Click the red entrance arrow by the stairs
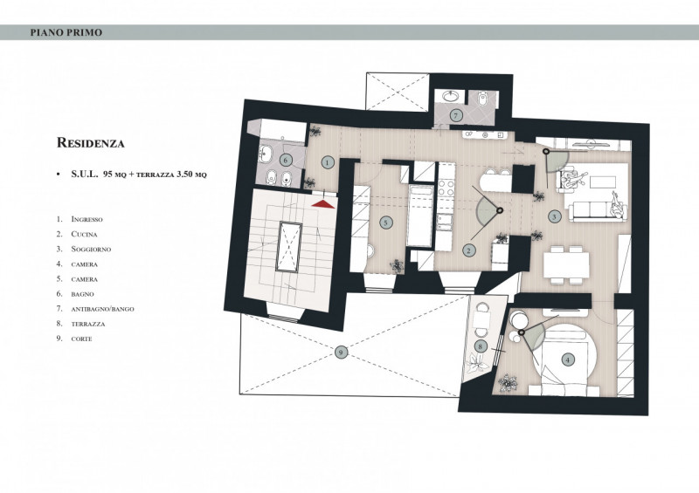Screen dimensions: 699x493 [323, 204]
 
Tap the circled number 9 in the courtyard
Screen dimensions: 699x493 [341, 353]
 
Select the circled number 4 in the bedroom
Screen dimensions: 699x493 [567, 359]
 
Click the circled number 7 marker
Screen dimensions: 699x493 [455, 116]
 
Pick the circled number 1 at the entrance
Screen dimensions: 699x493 [328, 162]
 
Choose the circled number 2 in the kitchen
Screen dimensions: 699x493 [468, 250]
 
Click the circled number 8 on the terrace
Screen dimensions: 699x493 [480, 346]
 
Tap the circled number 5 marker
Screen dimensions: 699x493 [386, 223]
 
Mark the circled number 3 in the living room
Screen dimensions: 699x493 [554, 217]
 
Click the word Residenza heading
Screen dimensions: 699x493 [91, 143]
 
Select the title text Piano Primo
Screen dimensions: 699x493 [66, 32]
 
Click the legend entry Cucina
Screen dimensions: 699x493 [84, 234]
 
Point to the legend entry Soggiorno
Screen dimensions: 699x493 [91, 250]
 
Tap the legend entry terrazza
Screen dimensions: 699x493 [88, 324]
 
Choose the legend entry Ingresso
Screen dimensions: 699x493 [87, 219]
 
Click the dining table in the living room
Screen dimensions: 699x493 [566, 265]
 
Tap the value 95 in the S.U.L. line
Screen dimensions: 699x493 [107, 175]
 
